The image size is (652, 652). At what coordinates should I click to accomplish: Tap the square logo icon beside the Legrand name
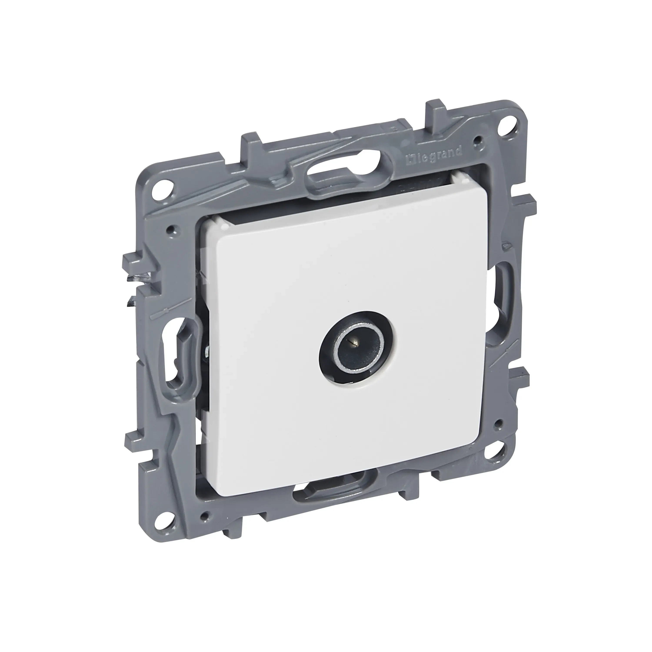point(411,165)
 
